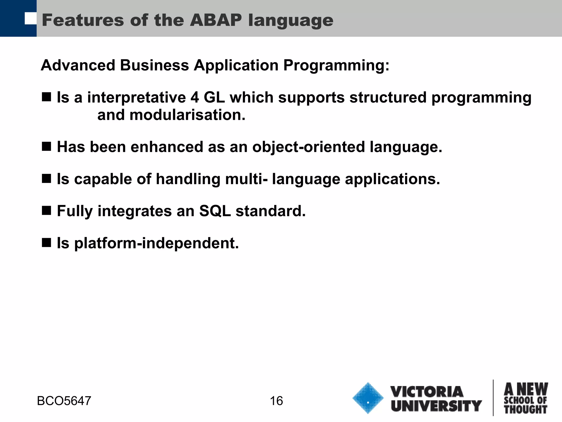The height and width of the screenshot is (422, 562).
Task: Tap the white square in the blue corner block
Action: [x=30, y=18]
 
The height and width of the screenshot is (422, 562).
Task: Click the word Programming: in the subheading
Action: [x=336, y=66]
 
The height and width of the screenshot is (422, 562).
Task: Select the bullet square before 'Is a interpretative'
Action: [x=47, y=97]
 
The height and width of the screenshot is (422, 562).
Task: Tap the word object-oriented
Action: [x=309, y=147]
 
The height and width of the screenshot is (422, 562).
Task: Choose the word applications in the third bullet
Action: [x=392, y=180]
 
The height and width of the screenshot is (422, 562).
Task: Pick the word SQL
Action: [x=215, y=211]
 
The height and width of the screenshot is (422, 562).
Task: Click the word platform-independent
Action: [x=156, y=243]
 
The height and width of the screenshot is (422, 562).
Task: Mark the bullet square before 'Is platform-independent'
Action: [x=47, y=243]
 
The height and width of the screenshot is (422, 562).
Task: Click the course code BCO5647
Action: [x=64, y=401]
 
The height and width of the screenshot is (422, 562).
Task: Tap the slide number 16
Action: [x=276, y=401]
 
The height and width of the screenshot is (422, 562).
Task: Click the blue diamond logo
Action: [x=368, y=398]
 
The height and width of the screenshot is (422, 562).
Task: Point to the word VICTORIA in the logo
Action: [x=427, y=392]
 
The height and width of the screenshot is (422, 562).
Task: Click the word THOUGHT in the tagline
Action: [x=526, y=410]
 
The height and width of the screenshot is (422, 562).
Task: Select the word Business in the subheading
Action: [x=154, y=66]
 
